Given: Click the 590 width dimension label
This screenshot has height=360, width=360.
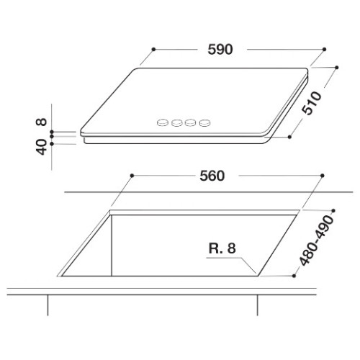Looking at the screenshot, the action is [220, 50].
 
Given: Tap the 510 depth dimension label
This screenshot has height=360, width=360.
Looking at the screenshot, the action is [312, 103].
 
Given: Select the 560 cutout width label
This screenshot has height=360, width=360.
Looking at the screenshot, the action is [212, 176].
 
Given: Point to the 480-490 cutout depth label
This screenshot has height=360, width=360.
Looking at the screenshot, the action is [317, 240].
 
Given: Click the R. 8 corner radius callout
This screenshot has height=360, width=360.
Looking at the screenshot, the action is [222, 248].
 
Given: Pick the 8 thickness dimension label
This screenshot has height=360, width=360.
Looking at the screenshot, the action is [41, 122].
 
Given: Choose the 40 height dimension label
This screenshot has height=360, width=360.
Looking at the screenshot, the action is [41, 147].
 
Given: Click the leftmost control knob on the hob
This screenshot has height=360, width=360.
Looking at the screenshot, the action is [163, 122].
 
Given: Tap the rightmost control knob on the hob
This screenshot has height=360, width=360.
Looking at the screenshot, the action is [205, 122].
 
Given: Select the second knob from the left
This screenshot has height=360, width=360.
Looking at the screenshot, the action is [177, 122].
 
